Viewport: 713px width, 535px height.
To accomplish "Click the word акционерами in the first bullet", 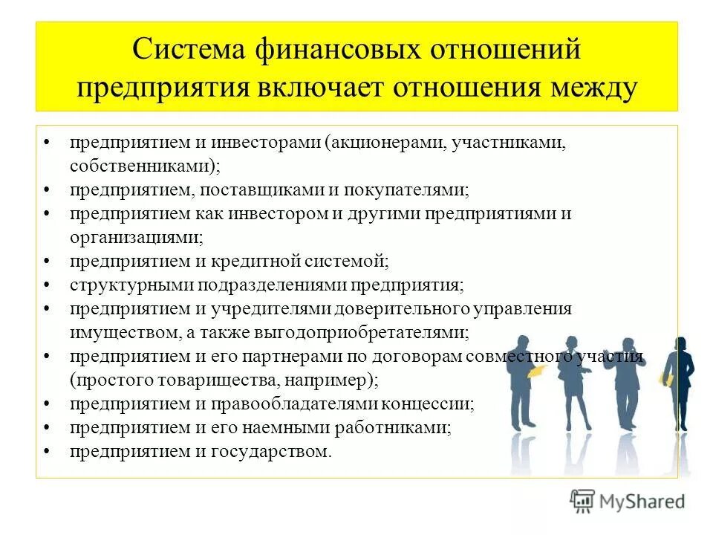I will (x=387, y=142).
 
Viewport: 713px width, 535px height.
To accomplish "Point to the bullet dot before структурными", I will (x=47, y=285).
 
